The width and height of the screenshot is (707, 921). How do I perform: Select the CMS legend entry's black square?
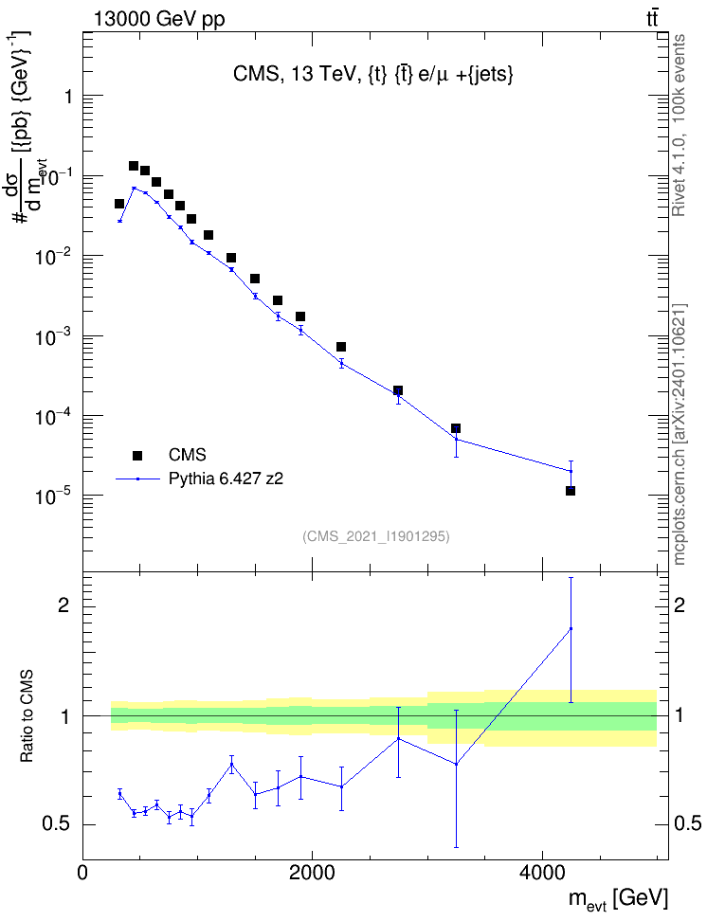point(137,455)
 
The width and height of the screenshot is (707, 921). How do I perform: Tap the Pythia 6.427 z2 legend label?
point(226,479)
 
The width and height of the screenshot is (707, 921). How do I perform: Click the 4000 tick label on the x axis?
point(541,873)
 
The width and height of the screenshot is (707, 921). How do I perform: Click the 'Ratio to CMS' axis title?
point(27,716)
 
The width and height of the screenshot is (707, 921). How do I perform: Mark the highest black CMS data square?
point(134,166)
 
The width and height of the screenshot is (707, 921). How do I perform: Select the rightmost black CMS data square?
point(571,491)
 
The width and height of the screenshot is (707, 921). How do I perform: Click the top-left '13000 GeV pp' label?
point(159,19)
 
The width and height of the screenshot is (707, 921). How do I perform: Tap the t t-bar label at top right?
point(652,19)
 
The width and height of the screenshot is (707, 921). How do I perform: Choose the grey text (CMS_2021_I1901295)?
point(376,536)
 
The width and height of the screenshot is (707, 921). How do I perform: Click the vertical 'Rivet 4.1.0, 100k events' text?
point(679,125)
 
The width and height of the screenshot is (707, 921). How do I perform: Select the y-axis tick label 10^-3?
point(53,337)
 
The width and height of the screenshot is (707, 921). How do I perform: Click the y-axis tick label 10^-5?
point(53,497)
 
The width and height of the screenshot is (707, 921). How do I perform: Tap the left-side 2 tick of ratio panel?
point(64,605)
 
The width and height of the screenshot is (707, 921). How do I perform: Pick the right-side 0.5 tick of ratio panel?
point(687,824)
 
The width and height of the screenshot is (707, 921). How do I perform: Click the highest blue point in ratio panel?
point(571,628)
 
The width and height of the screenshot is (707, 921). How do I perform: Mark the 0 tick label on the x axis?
point(82,873)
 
